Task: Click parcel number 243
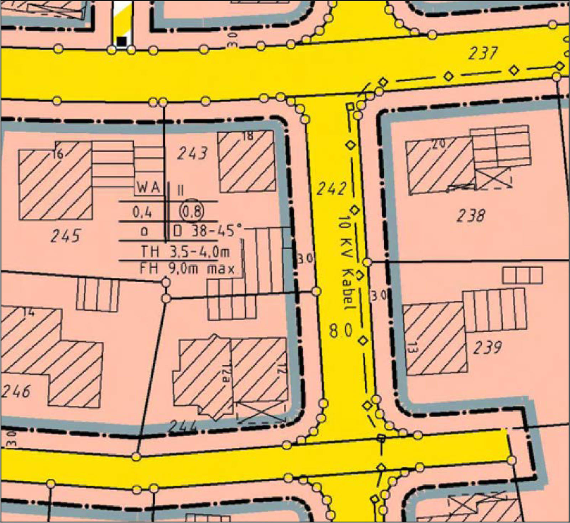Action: click(192, 153)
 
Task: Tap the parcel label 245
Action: click(66, 236)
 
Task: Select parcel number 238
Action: click(471, 215)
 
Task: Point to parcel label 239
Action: click(487, 347)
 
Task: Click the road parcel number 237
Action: click(482, 53)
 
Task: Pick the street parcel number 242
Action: click(331, 188)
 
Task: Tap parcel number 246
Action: click(16, 391)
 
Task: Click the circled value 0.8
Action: click(192, 212)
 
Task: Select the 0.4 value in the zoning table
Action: click(142, 212)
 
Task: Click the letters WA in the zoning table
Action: click(148, 187)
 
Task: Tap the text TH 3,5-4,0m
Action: click(185, 251)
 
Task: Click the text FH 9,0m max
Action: click(187, 268)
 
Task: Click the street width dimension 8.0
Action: click(340, 330)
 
